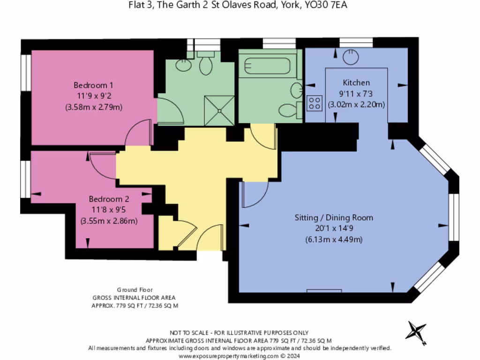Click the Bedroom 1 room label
pyautogui.click(x=93, y=85)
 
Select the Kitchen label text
pyautogui.click(x=356, y=82)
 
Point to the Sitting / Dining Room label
pyautogui.click(x=334, y=217)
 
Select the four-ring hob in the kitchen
pyautogui.click(x=314, y=103)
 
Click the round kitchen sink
pyautogui.click(x=349, y=57)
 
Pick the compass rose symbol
pyautogui.click(x=416, y=331)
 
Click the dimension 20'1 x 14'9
pyautogui.click(x=334, y=229)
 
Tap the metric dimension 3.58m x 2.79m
pyautogui.click(x=93, y=107)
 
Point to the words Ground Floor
pyautogui.click(x=135, y=290)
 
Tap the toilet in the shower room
pyautogui.click(x=206, y=64)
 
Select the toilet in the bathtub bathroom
pyautogui.click(x=288, y=111)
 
